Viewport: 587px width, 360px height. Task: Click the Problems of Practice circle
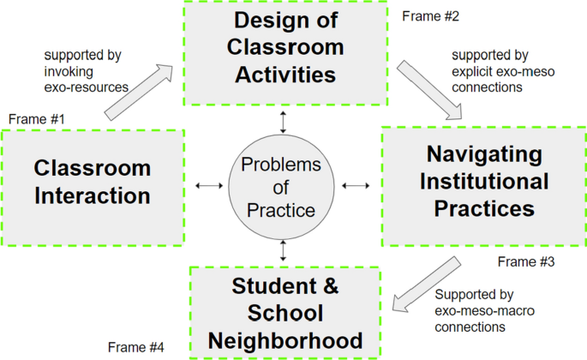(x=280, y=186)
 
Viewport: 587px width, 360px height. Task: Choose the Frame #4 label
(x=136, y=346)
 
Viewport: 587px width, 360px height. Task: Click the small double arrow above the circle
(x=280, y=120)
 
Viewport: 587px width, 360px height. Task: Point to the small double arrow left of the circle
(x=209, y=186)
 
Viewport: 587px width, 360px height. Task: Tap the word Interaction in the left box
(x=93, y=195)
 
